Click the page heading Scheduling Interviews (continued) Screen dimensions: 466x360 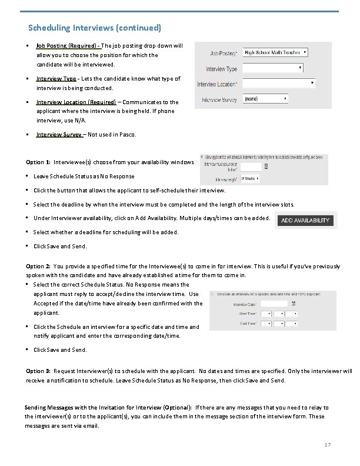(x=95, y=28)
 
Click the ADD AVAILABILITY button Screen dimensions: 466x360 (x=305, y=221)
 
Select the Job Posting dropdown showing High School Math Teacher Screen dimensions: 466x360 (x=276, y=52)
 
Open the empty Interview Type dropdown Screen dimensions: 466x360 (x=273, y=68)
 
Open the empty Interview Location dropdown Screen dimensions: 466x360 (x=278, y=84)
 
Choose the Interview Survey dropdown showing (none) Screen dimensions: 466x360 (x=265, y=99)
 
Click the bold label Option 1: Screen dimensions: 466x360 (x=38, y=162)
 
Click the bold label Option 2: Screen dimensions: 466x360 (x=38, y=266)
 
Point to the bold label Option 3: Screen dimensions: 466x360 (x=38, y=371)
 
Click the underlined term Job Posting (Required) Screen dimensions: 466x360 (x=67, y=45)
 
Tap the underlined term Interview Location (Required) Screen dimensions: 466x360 (x=76, y=102)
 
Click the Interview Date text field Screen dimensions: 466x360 (x=274, y=304)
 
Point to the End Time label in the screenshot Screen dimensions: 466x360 (x=247, y=322)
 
